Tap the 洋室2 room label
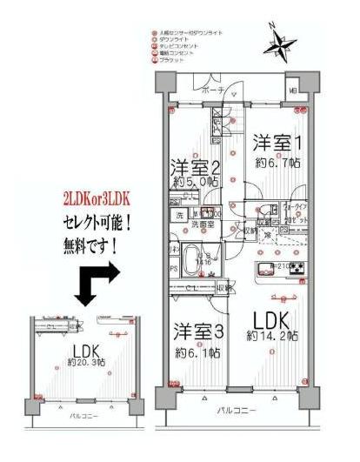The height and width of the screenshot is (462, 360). click(x=194, y=167)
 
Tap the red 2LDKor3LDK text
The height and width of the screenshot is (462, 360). click(x=93, y=199)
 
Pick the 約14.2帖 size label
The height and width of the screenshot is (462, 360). click(x=275, y=336)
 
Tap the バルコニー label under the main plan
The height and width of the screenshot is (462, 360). click(x=237, y=407)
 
